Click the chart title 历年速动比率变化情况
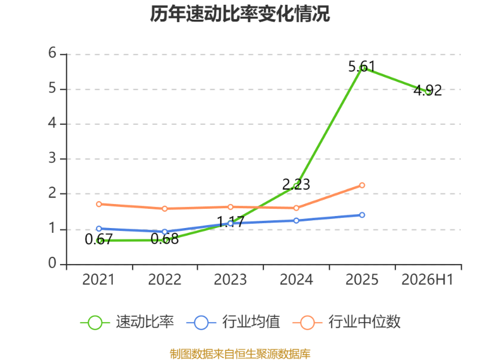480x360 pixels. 240,14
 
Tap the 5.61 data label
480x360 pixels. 362,67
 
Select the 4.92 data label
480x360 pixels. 428,91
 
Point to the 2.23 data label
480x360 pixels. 296,184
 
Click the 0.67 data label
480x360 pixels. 98,239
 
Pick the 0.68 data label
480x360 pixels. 164,239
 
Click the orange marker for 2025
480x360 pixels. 362,185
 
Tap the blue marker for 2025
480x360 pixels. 362,215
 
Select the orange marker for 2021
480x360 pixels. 99,204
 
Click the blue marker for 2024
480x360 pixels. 296,220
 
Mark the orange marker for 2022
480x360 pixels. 164,208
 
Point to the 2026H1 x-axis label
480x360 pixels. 427,280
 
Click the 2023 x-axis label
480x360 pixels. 230,280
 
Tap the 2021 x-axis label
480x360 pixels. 98,280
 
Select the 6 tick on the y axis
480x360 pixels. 52,53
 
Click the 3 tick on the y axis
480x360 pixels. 52,158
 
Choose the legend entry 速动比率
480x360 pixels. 127,322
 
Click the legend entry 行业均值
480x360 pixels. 233,322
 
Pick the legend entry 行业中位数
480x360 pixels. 346,322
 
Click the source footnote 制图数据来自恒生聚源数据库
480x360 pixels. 240,354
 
